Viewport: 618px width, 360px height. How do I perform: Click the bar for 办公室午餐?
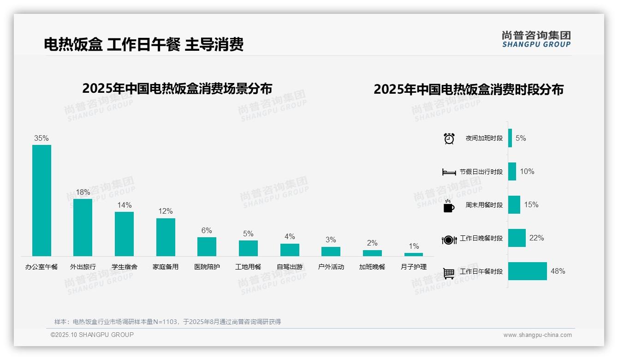42,200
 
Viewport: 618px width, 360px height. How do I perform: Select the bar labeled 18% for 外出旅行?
83,227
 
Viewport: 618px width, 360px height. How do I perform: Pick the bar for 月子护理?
414,254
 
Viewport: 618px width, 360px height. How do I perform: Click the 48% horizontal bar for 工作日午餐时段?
528,271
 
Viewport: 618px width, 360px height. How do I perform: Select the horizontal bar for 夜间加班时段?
510,138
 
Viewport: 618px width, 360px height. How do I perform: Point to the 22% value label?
536,238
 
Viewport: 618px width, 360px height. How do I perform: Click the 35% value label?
42,138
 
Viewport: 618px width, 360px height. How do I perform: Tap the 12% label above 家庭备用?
165,211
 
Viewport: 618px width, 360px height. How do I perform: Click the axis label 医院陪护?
207,267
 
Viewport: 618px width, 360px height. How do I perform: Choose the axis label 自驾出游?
290,267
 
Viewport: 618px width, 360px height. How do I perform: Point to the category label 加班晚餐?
372,267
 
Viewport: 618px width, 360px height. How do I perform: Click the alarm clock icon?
449,138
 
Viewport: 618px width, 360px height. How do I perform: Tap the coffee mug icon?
449,206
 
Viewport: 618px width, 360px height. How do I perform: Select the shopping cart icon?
449,273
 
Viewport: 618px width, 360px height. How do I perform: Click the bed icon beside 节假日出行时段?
449,172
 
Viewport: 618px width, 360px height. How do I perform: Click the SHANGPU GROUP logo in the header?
536,39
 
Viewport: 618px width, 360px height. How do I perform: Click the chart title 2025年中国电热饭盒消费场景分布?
177,89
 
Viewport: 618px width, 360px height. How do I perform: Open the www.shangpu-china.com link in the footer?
537,335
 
